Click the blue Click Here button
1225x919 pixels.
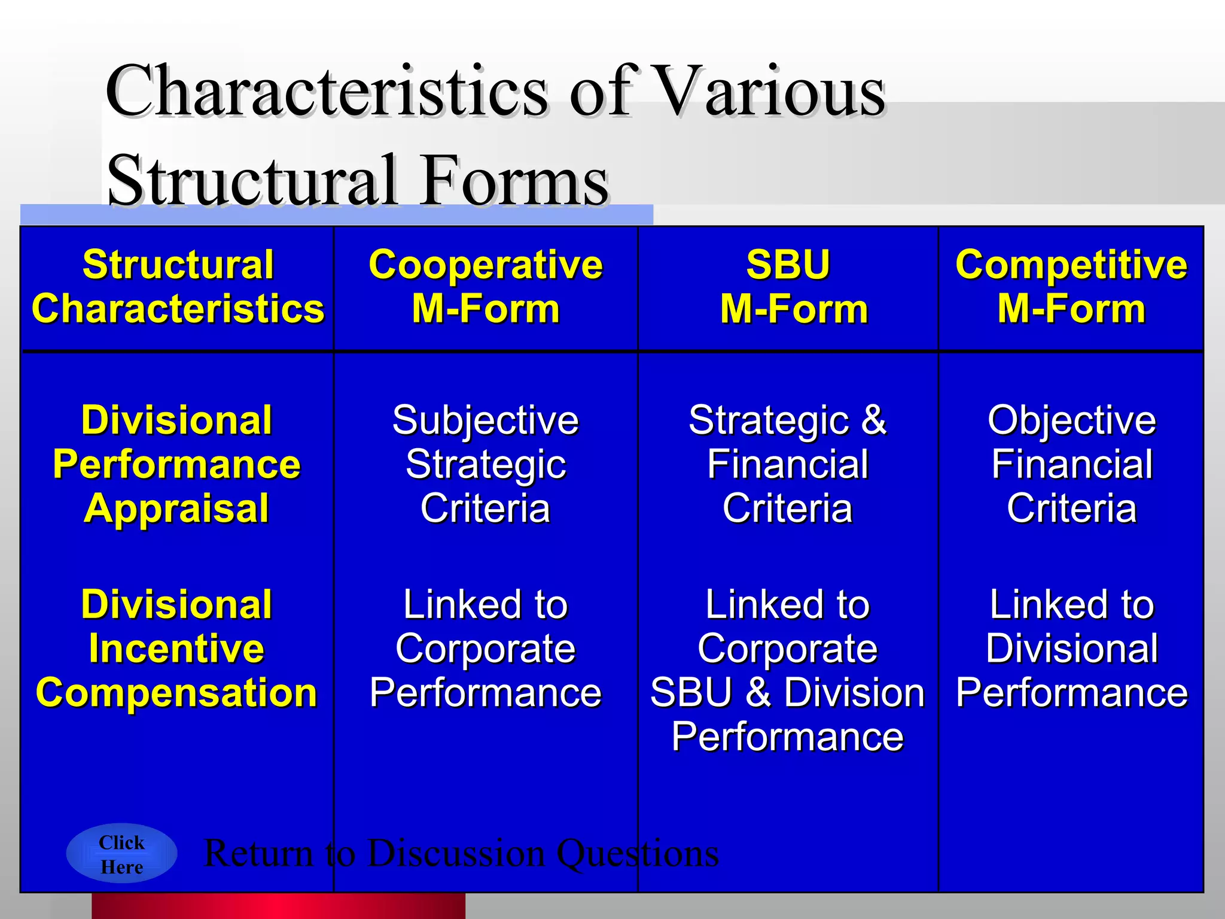point(121,854)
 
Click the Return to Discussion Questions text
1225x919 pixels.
point(461,853)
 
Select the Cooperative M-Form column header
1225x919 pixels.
point(485,287)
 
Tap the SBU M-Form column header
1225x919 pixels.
point(788,287)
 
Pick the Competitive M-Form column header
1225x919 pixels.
point(1071,287)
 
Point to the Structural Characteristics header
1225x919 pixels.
point(178,287)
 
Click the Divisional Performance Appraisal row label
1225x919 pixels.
point(176,464)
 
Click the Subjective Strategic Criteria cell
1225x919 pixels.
point(485,464)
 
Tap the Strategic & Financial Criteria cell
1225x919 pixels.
point(788,464)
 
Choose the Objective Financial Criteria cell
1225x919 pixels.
point(1071,464)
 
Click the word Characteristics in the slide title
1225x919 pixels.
point(327,91)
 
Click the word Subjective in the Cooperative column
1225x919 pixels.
point(485,420)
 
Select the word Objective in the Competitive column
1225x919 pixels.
point(1071,420)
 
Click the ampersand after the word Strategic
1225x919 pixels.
point(873,420)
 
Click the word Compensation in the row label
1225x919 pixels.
point(176,692)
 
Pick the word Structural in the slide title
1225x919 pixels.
point(252,179)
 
